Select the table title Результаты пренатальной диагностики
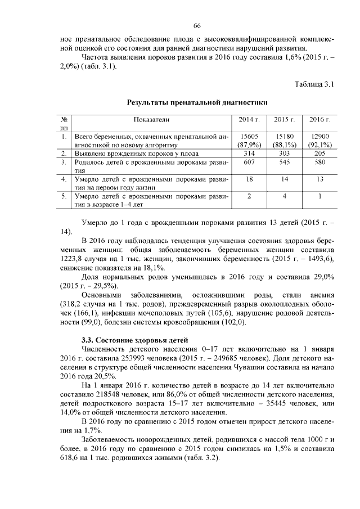click(197, 102)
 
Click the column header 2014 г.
click(249, 119)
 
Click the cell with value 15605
click(249, 136)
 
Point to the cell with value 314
click(249, 153)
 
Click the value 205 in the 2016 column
click(319, 153)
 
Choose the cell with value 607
click(249, 162)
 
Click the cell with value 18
click(249, 179)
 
